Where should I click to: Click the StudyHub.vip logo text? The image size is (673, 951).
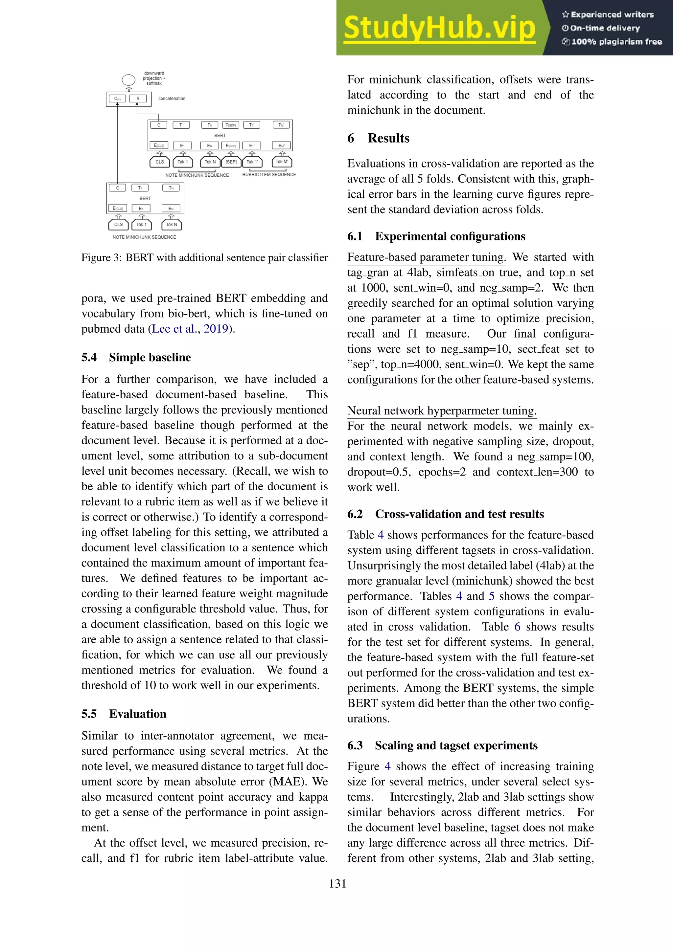click(x=439, y=28)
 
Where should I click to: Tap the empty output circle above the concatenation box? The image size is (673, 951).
click(x=128, y=80)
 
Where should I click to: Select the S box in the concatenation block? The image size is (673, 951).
click(x=138, y=99)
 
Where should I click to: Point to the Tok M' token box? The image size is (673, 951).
click(x=282, y=162)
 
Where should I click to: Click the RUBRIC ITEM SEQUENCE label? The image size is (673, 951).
click(x=269, y=175)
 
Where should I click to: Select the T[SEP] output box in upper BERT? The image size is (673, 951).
click(x=231, y=125)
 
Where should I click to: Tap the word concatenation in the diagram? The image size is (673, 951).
click(x=172, y=99)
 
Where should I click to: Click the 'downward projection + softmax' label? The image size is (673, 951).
click(x=154, y=78)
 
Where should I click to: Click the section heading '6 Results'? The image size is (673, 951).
click(x=378, y=138)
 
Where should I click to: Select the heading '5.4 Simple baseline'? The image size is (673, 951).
click(x=136, y=358)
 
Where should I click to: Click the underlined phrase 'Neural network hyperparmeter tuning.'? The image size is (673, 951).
click(x=442, y=411)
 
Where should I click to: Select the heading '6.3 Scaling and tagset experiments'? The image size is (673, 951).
click(x=442, y=745)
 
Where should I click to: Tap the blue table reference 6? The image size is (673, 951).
click(x=517, y=627)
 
